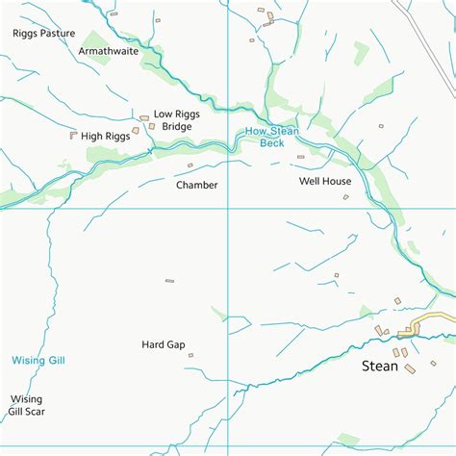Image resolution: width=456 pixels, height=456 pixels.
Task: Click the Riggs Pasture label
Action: click(x=43, y=34)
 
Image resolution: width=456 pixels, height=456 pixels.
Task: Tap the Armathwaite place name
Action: click(x=108, y=51)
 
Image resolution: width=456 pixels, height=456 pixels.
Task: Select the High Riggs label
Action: click(x=105, y=137)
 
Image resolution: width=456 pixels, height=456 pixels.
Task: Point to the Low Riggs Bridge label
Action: click(x=176, y=120)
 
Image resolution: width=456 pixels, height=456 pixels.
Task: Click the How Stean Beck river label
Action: click(x=272, y=137)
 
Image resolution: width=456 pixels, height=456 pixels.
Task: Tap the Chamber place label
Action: click(x=196, y=185)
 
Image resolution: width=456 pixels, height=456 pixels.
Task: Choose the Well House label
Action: click(x=324, y=181)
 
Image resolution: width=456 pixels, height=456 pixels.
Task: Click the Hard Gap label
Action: click(x=163, y=344)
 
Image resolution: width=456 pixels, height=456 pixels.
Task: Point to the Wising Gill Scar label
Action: click(x=27, y=405)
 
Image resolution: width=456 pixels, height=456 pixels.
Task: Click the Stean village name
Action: click(x=379, y=366)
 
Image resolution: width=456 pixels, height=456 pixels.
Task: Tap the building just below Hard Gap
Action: click(x=190, y=356)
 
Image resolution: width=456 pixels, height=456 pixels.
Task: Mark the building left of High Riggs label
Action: click(x=73, y=136)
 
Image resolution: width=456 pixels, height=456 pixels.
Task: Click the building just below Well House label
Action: click(x=345, y=197)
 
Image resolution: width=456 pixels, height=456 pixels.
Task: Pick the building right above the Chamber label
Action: click(x=190, y=165)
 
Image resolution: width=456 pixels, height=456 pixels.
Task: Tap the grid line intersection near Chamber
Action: click(x=228, y=209)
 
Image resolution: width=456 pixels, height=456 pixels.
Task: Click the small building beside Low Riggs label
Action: click(x=144, y=118)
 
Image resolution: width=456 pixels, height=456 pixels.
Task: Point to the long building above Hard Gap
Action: click(x=169, y=281)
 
